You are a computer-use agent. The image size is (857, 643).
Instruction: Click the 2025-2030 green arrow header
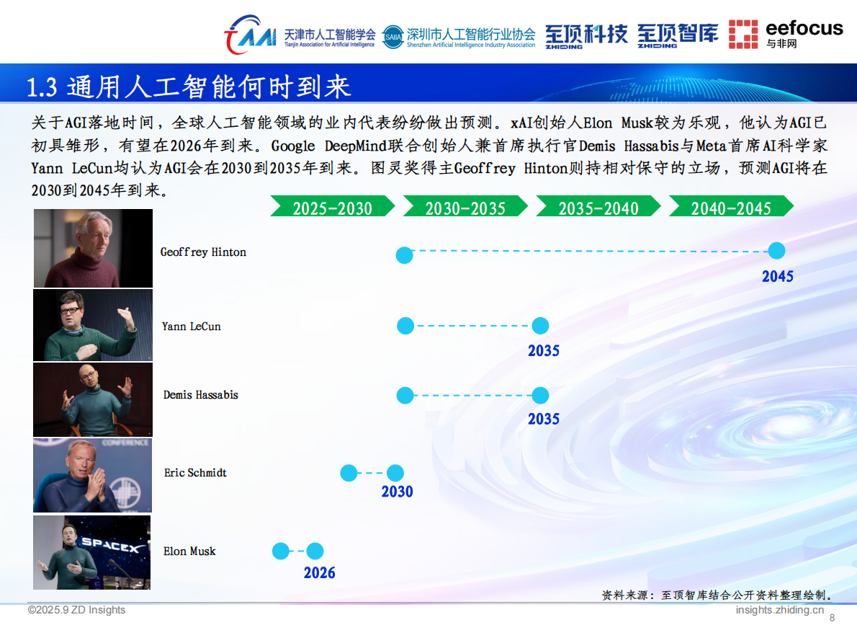332,208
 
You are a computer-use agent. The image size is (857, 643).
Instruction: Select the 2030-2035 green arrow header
465,208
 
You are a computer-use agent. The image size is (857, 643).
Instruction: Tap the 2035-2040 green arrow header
598,208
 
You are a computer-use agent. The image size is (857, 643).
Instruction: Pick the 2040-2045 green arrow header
731,208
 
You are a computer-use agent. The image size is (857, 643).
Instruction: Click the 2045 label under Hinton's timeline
777,276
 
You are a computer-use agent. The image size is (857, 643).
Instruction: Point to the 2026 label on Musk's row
319,573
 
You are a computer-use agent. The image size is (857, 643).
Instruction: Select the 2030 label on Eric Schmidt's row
397,492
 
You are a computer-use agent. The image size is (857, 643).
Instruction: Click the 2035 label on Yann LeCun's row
543,351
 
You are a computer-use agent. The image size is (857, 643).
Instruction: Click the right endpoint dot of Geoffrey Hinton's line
776,251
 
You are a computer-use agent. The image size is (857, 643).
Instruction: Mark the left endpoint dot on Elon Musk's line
280,551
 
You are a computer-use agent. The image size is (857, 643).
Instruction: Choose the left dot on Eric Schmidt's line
349,474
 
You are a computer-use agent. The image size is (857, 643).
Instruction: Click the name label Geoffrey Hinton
203,252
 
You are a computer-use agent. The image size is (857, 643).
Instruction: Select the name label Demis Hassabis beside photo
200,395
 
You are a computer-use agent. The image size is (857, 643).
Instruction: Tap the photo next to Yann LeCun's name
93,325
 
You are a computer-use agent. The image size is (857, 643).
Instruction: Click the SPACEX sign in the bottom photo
110,545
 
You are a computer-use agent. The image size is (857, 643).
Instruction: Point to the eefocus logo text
804,28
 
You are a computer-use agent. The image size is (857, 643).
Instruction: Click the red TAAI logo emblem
249,35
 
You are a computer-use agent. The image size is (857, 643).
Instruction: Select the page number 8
833,618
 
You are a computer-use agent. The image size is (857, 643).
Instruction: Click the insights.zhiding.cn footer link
779,610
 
